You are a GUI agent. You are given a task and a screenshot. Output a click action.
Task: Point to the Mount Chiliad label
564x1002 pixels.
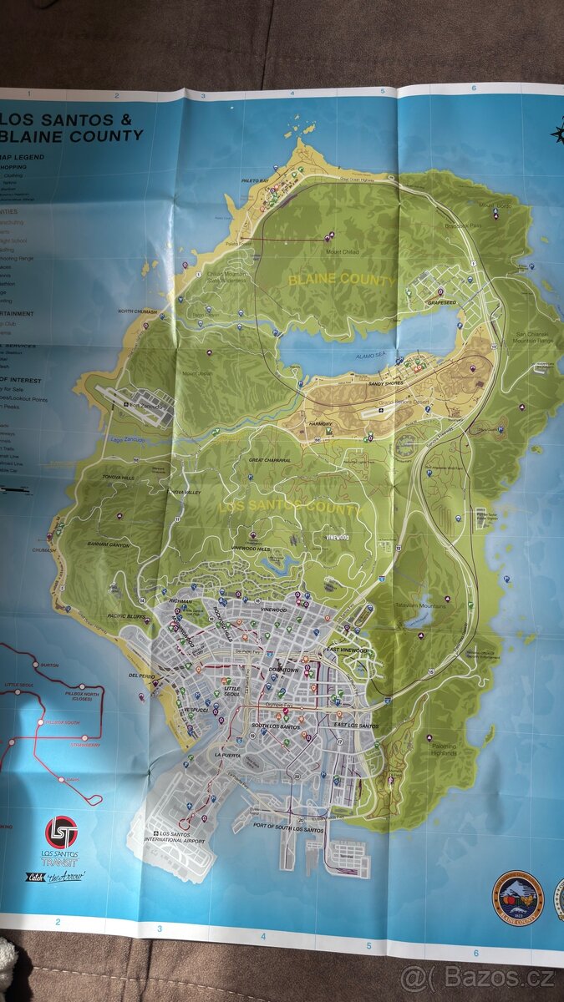(x=342, y=251)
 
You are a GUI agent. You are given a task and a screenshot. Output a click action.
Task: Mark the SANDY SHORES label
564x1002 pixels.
(x=387, y=384)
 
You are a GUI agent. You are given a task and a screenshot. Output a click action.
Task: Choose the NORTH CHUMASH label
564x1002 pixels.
(x=138, y=311)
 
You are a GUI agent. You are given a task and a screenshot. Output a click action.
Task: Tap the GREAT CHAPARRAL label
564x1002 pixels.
(x=270, y=460)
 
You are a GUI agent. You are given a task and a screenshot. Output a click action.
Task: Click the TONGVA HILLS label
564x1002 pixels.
(x=118, y=478)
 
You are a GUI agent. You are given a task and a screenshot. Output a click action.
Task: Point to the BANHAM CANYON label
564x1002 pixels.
(x=109, y=544)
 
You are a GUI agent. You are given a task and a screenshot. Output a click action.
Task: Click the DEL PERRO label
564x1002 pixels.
(x=140, y=675)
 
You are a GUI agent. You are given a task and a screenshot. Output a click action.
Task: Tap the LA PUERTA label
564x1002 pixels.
(x=227, y=754)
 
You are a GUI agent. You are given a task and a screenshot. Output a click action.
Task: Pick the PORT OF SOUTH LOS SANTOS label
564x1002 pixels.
(x=288, y=829)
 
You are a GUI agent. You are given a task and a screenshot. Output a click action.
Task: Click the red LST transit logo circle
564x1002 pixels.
(x=61, y=831)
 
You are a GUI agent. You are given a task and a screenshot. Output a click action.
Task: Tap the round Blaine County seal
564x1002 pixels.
(x=517, y=897)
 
